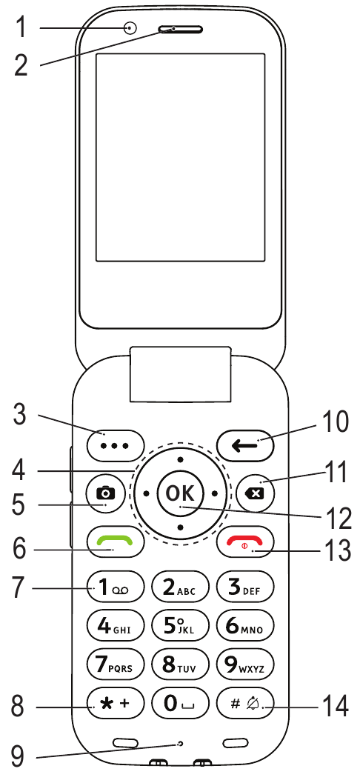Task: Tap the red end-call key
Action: [246, 542]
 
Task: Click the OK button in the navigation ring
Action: [181, 493]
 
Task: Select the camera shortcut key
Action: [105, 493]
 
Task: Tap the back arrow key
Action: [246, 444]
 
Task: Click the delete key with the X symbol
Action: [256, 493]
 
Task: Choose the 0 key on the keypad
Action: [180, 704]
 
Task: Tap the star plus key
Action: [116, 704]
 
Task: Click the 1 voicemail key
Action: [116, 586]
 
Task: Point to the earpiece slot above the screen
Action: [181, 30]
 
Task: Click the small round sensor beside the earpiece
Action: [130, 28]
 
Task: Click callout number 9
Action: [18, 756]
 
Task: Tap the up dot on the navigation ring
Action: [181, 459]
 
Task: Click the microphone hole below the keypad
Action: [180, 744]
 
